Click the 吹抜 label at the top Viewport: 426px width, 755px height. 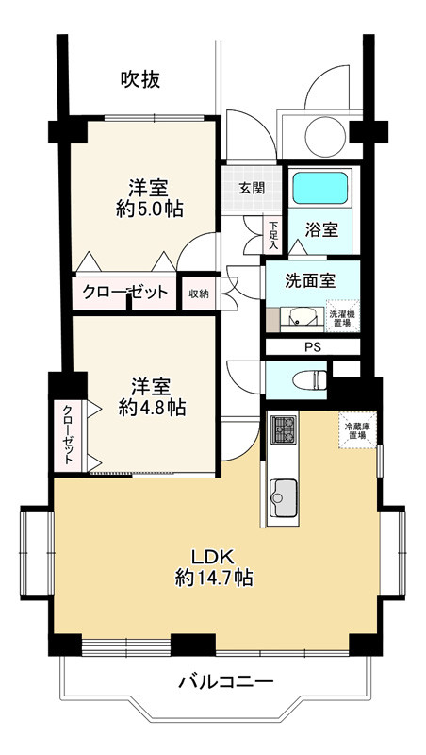click(139, 80)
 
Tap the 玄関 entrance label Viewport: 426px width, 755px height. click(251, 188)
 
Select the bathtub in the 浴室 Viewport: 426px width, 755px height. click(320, 189)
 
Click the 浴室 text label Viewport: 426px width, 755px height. click(320, 230)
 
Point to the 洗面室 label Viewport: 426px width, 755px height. click(310, 280)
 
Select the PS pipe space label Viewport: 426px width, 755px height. click(312, 346)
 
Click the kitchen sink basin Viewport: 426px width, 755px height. click(283, 492)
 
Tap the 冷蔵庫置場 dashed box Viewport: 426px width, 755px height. click(356, 430)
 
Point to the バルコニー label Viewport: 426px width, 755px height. click(225, 680)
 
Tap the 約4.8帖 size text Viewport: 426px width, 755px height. click(151, 407)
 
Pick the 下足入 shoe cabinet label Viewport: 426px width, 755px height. click(273, 233)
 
